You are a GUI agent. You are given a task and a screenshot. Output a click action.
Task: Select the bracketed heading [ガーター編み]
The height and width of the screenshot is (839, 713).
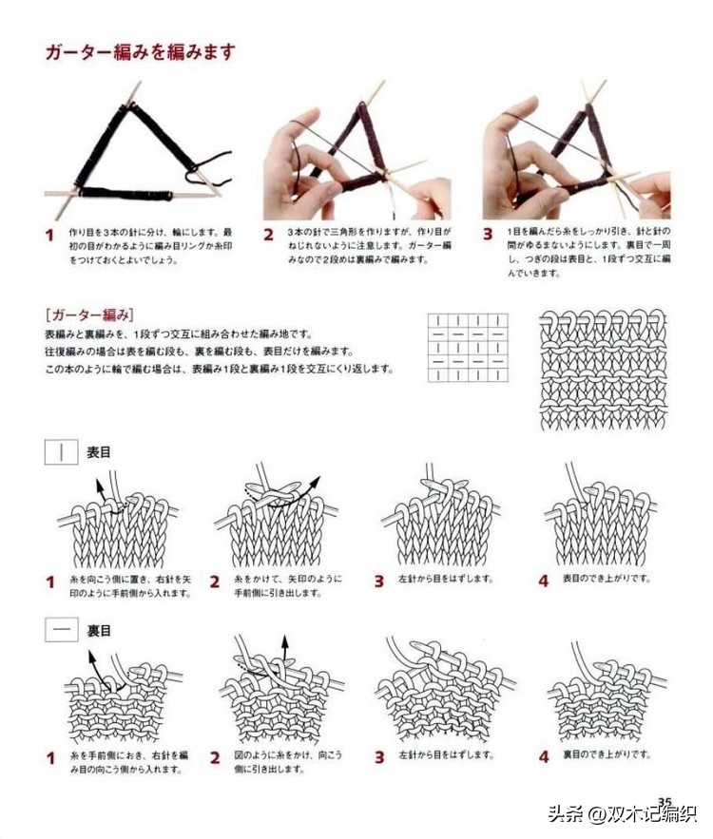[88, 315]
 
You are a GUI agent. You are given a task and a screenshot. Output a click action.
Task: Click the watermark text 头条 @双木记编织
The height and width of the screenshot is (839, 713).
[622, 814]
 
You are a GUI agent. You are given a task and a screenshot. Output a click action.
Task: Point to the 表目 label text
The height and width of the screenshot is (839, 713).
[99, 452]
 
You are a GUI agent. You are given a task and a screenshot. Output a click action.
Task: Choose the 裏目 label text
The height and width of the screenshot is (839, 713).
[99, 630]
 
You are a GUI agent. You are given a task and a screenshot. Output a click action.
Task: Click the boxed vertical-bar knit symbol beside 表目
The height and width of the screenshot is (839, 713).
[62, 452]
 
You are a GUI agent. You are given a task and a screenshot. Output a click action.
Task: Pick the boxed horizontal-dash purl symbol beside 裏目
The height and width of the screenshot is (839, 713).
[62, 630]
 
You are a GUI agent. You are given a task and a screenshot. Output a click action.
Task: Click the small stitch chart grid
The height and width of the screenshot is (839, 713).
[468, 347]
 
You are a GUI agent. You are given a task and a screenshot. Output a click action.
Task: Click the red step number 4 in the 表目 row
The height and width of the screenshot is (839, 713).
[544, 581]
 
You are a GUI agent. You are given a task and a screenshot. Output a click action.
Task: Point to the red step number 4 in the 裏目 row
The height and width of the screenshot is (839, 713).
[544, 757]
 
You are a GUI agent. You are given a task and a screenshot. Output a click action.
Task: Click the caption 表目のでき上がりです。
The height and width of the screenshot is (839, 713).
[606, 579]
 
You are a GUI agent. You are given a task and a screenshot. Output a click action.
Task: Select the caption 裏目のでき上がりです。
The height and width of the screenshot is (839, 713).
[606, 756]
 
